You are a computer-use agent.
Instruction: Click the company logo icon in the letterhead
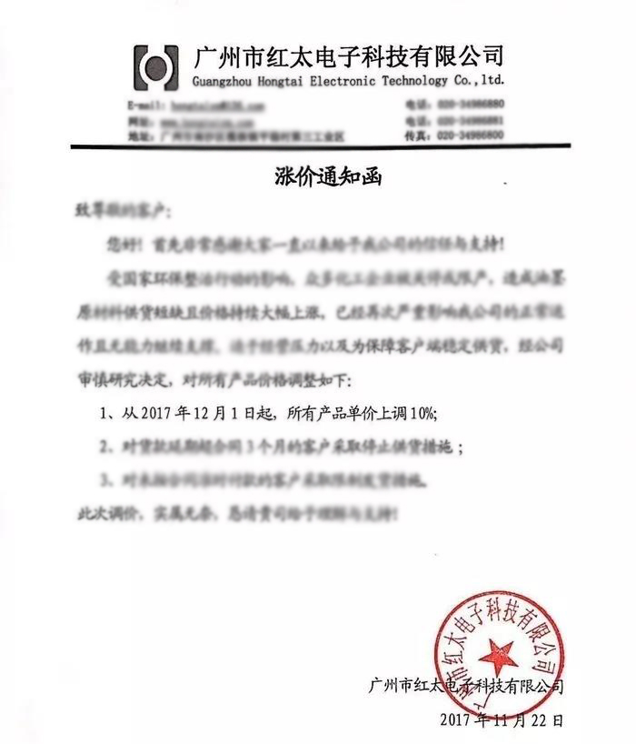157,66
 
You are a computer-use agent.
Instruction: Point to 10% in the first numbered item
420,412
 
